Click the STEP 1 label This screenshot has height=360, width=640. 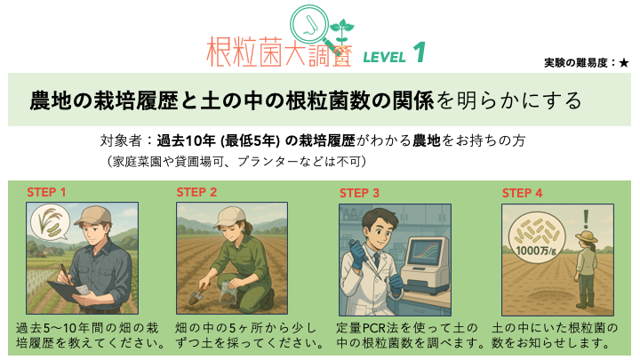46,192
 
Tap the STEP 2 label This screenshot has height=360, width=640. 196,192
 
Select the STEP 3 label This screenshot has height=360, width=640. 359,193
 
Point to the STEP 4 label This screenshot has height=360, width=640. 522,193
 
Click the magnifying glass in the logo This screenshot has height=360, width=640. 309,25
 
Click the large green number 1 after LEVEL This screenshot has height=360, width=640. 420,52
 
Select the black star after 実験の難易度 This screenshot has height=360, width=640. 624,63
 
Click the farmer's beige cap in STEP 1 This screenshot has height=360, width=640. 94,215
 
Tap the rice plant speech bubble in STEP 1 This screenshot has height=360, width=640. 50,222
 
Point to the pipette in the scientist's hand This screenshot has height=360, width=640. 364,257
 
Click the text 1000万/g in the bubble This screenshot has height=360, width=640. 536,250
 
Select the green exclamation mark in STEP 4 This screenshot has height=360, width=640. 587,220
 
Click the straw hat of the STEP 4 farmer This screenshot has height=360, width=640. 587,236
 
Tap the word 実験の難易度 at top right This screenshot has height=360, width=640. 576,63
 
